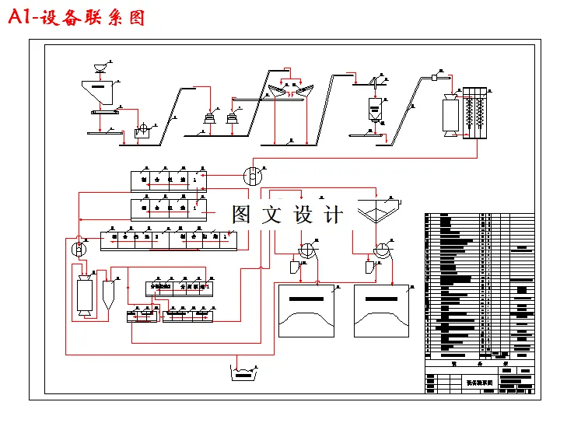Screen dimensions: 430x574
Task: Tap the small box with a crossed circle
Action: (x=142, y=131)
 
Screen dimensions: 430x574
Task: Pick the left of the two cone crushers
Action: (x=209, y=117)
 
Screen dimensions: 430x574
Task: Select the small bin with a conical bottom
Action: (x=375, y=108)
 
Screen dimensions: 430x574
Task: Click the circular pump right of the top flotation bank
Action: (x=253, y=176)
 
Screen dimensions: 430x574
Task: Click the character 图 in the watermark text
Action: (x=242, y=215)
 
